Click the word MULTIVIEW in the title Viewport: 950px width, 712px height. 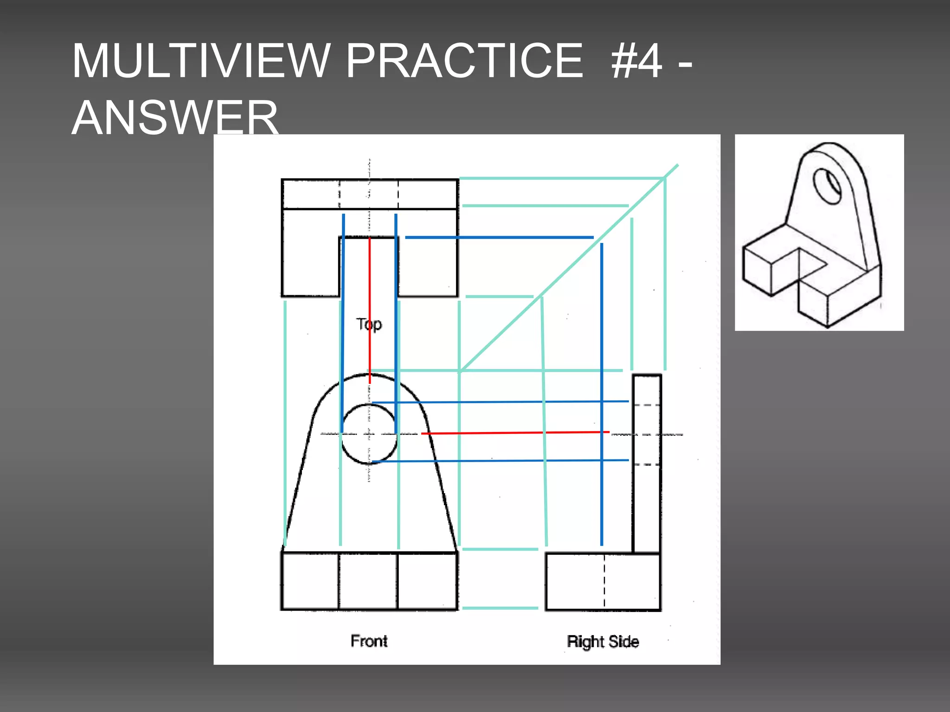pyautogui.click(x=199, y=61)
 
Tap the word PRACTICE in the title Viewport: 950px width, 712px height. pyautogui.click(x=464, y=61)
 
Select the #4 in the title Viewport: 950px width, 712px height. pyautogui.click(x=636, y=61)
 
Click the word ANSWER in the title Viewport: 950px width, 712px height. pyautogui.click(x=175, y=118)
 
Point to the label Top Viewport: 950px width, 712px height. pyautogui.click(x=369, y=324)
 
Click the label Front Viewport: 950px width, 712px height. pyautogui.click(x=369, y=641)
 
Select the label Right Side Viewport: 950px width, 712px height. pyautogui.click(x=603, y=642)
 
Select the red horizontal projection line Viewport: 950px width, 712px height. pyautogui.click(x=515, y=433)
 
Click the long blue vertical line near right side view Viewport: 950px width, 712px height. pyautogui.click(x=602, y=394)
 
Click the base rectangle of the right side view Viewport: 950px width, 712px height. pyautogui.click(x=575, y=582)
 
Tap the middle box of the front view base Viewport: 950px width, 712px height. pyautogui.click(x=368, y=581)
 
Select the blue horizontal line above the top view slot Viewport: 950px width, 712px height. pyautogui.click(x=499, y=237)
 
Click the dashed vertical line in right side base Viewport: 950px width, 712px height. pyautogui.click(x=604, y=582)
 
